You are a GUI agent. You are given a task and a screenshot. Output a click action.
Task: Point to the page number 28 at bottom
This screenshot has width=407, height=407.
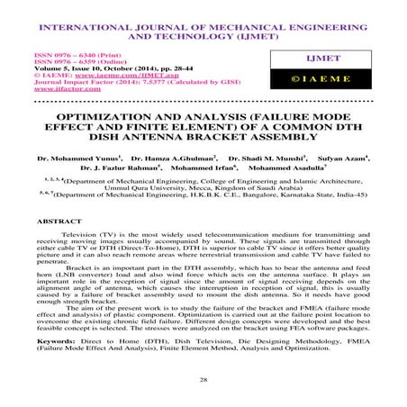coord(203,383)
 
